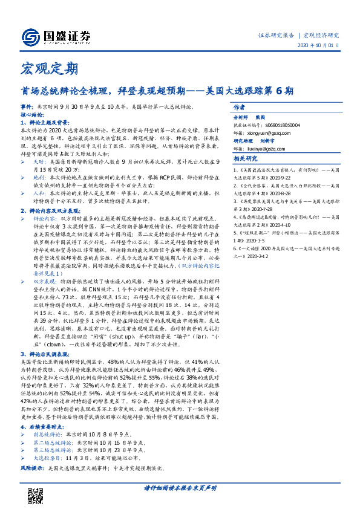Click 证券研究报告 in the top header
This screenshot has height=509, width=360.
pyautogui.click(x=277, y=35)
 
